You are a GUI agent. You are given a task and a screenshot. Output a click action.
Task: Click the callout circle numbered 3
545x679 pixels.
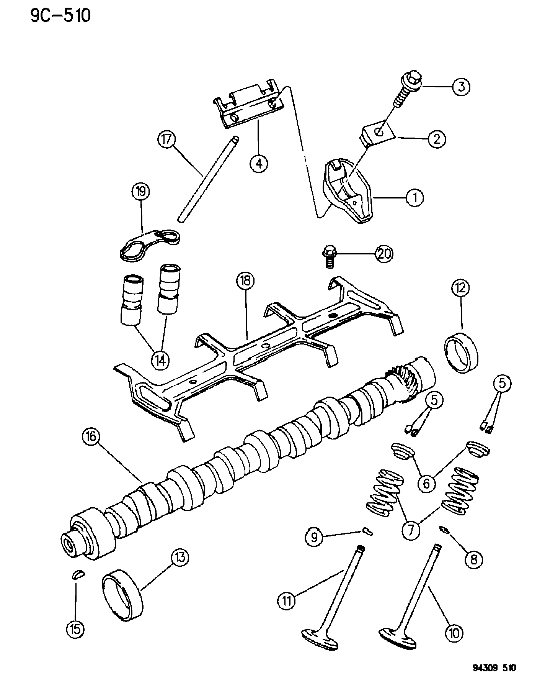461,87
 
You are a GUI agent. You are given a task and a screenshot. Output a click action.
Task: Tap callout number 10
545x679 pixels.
453,633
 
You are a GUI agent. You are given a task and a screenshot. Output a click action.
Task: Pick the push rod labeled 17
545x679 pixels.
208,179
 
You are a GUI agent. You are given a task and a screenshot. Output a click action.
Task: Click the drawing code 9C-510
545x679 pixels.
61,16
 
